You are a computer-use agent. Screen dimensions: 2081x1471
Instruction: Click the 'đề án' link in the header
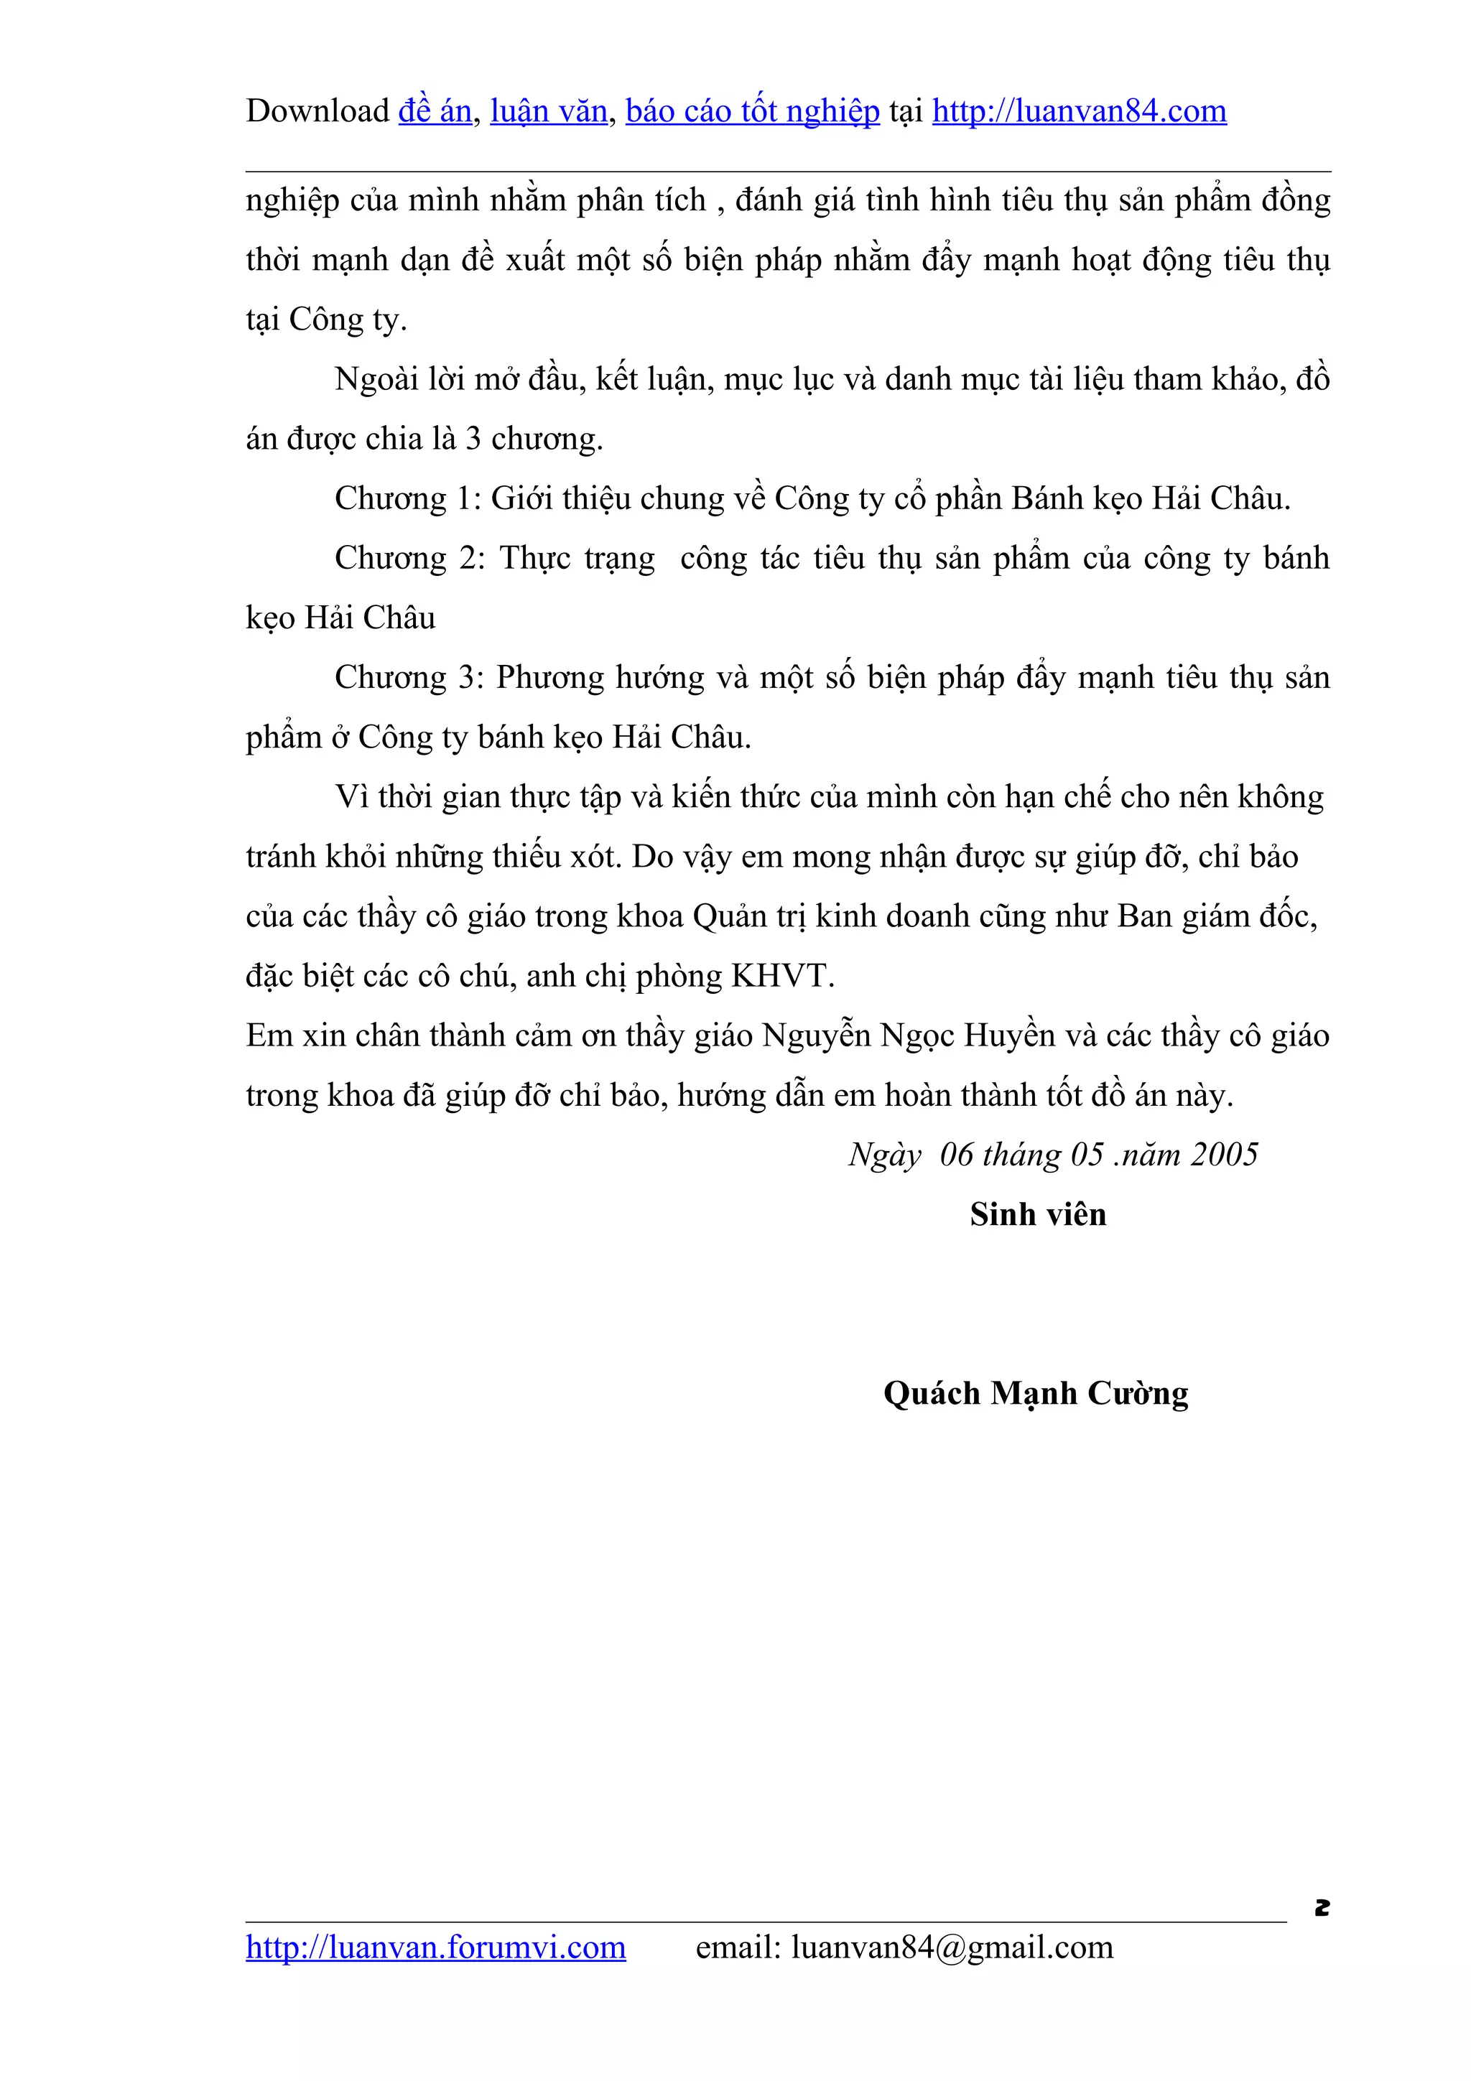435,111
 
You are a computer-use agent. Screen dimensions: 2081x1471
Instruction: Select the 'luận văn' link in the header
548,111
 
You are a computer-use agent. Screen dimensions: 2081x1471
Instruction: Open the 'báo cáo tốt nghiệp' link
752,111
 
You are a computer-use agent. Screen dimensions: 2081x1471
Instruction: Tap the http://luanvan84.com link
1079,111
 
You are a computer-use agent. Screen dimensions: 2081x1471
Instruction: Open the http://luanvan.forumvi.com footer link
435,1947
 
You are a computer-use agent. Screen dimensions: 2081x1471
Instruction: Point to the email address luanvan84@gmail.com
952,1947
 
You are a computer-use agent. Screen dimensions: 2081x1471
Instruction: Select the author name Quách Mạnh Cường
1035,1394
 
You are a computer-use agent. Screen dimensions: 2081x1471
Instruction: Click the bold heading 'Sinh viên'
1038,1214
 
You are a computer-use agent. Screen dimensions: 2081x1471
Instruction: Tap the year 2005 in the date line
1225,1155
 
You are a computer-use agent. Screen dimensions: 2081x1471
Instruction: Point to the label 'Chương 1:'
408,498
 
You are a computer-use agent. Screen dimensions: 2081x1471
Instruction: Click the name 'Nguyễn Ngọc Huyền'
908,1036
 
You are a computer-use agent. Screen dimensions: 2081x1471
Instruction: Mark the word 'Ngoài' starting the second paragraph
377,379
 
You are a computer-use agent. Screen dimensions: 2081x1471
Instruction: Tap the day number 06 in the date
956,1155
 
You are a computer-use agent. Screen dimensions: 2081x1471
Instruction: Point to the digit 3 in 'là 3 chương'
473,439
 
